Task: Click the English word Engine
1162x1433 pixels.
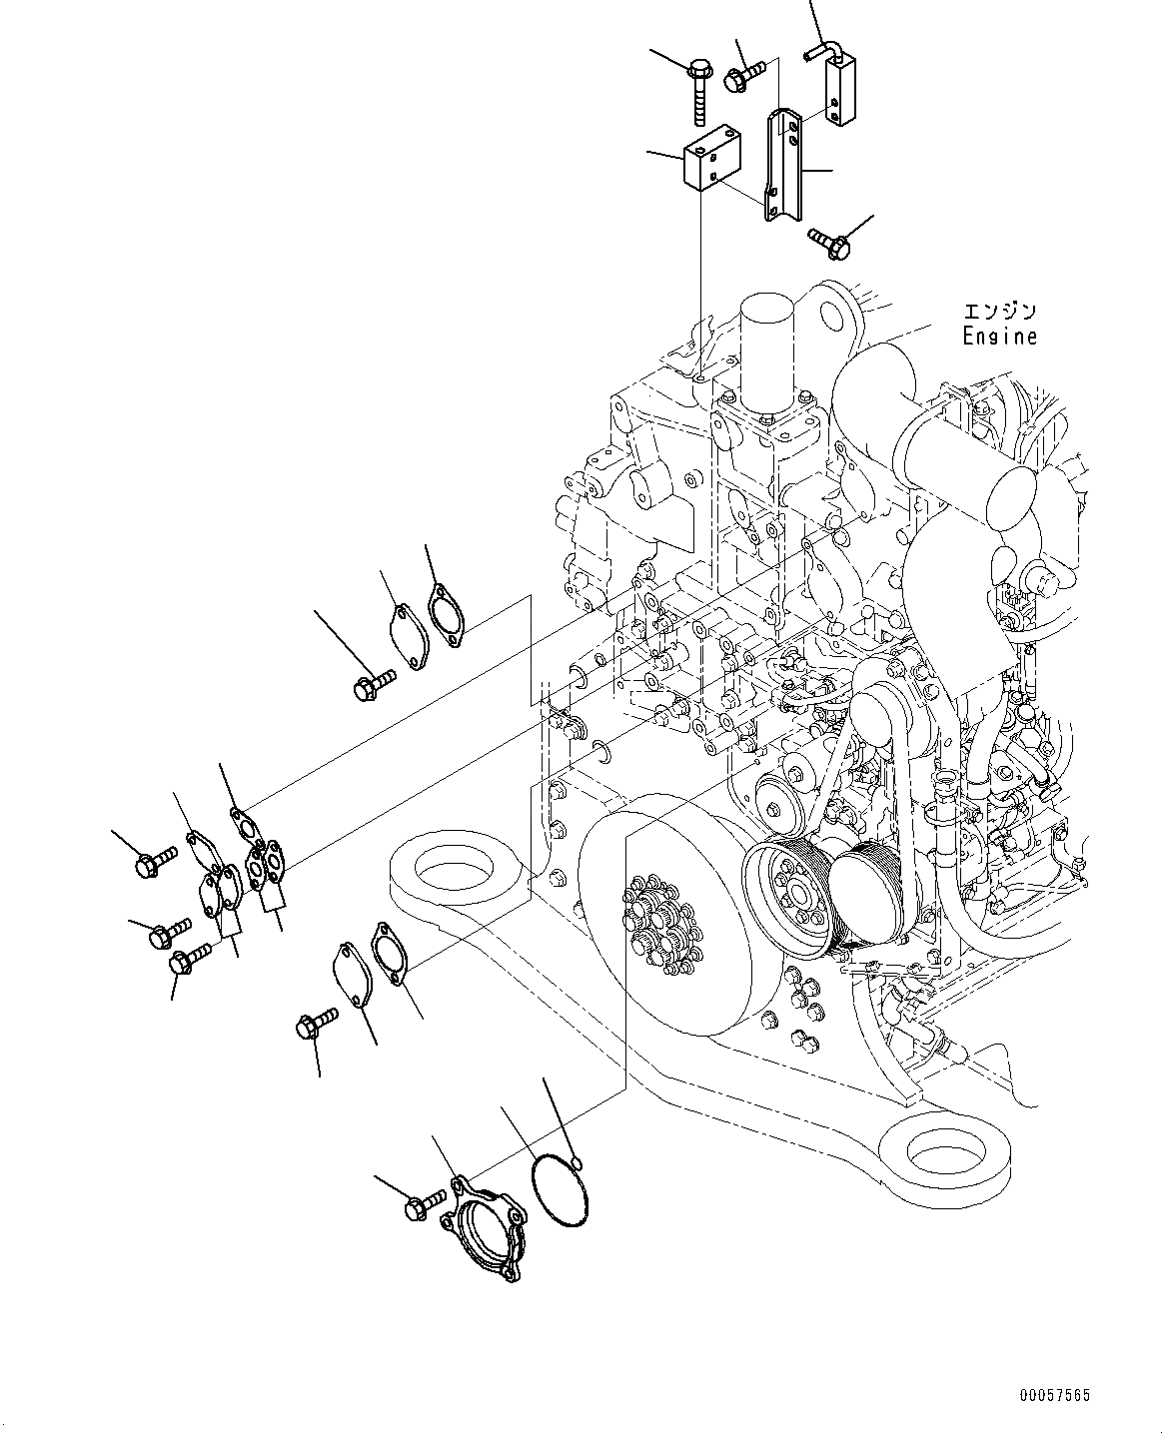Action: (x=999, y=338)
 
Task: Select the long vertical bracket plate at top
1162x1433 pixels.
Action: (x=782, y=165)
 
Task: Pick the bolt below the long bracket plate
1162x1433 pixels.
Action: (x=828, y=239)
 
